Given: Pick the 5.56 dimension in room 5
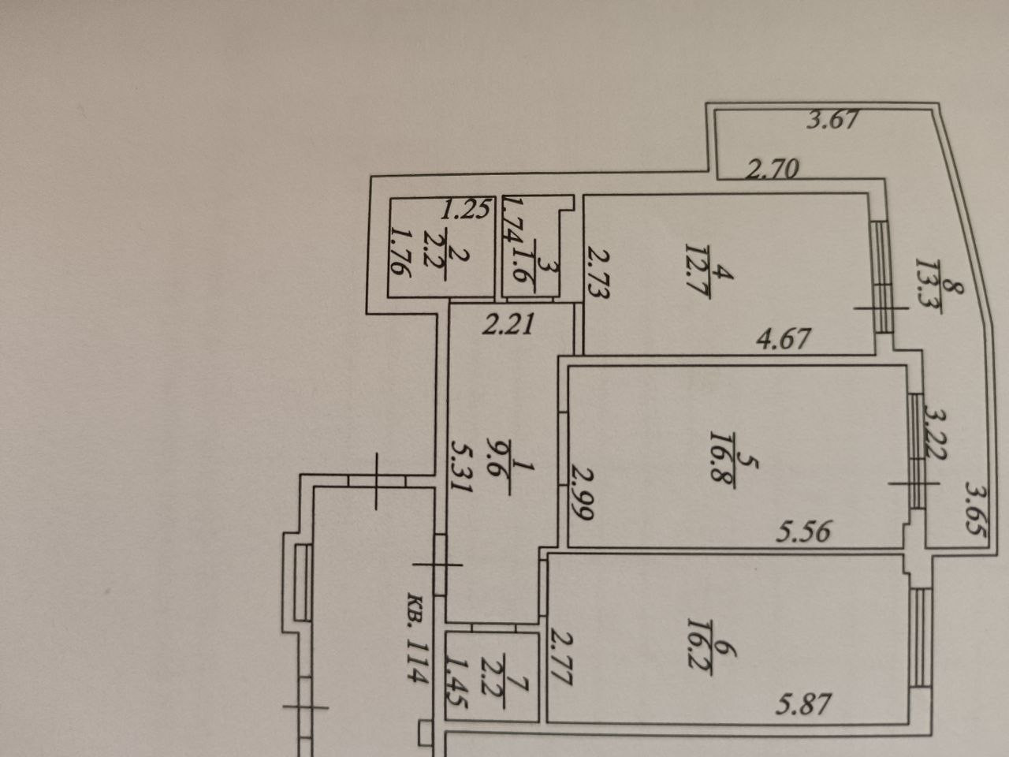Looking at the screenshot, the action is pyautogui.click(x=802, y=532).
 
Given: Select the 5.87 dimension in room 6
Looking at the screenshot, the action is pyautogui.click(x=801, y=703).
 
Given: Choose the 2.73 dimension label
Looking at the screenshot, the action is pyautogui.click(x=598, y=272).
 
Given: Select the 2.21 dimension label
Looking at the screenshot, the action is pyautogui.click(x=508, y=324).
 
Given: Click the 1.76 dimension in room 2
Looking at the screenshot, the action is pyautogui.click(x=402, y=252).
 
